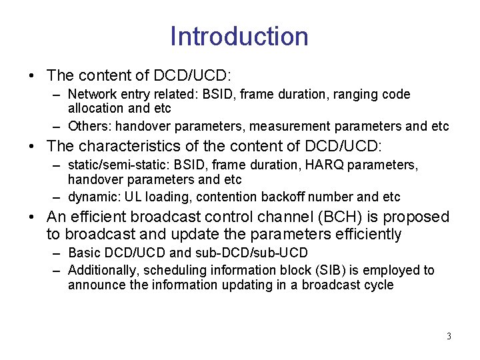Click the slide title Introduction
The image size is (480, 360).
click(x=239, y=36)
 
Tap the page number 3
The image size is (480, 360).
click(x=449, y=336)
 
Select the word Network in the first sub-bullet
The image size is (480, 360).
click(x=91, y=95)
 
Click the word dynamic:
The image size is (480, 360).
click(x=92, y=197)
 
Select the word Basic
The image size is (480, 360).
click(x=83, y=254)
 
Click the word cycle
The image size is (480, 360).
click(x=378, y=285)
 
